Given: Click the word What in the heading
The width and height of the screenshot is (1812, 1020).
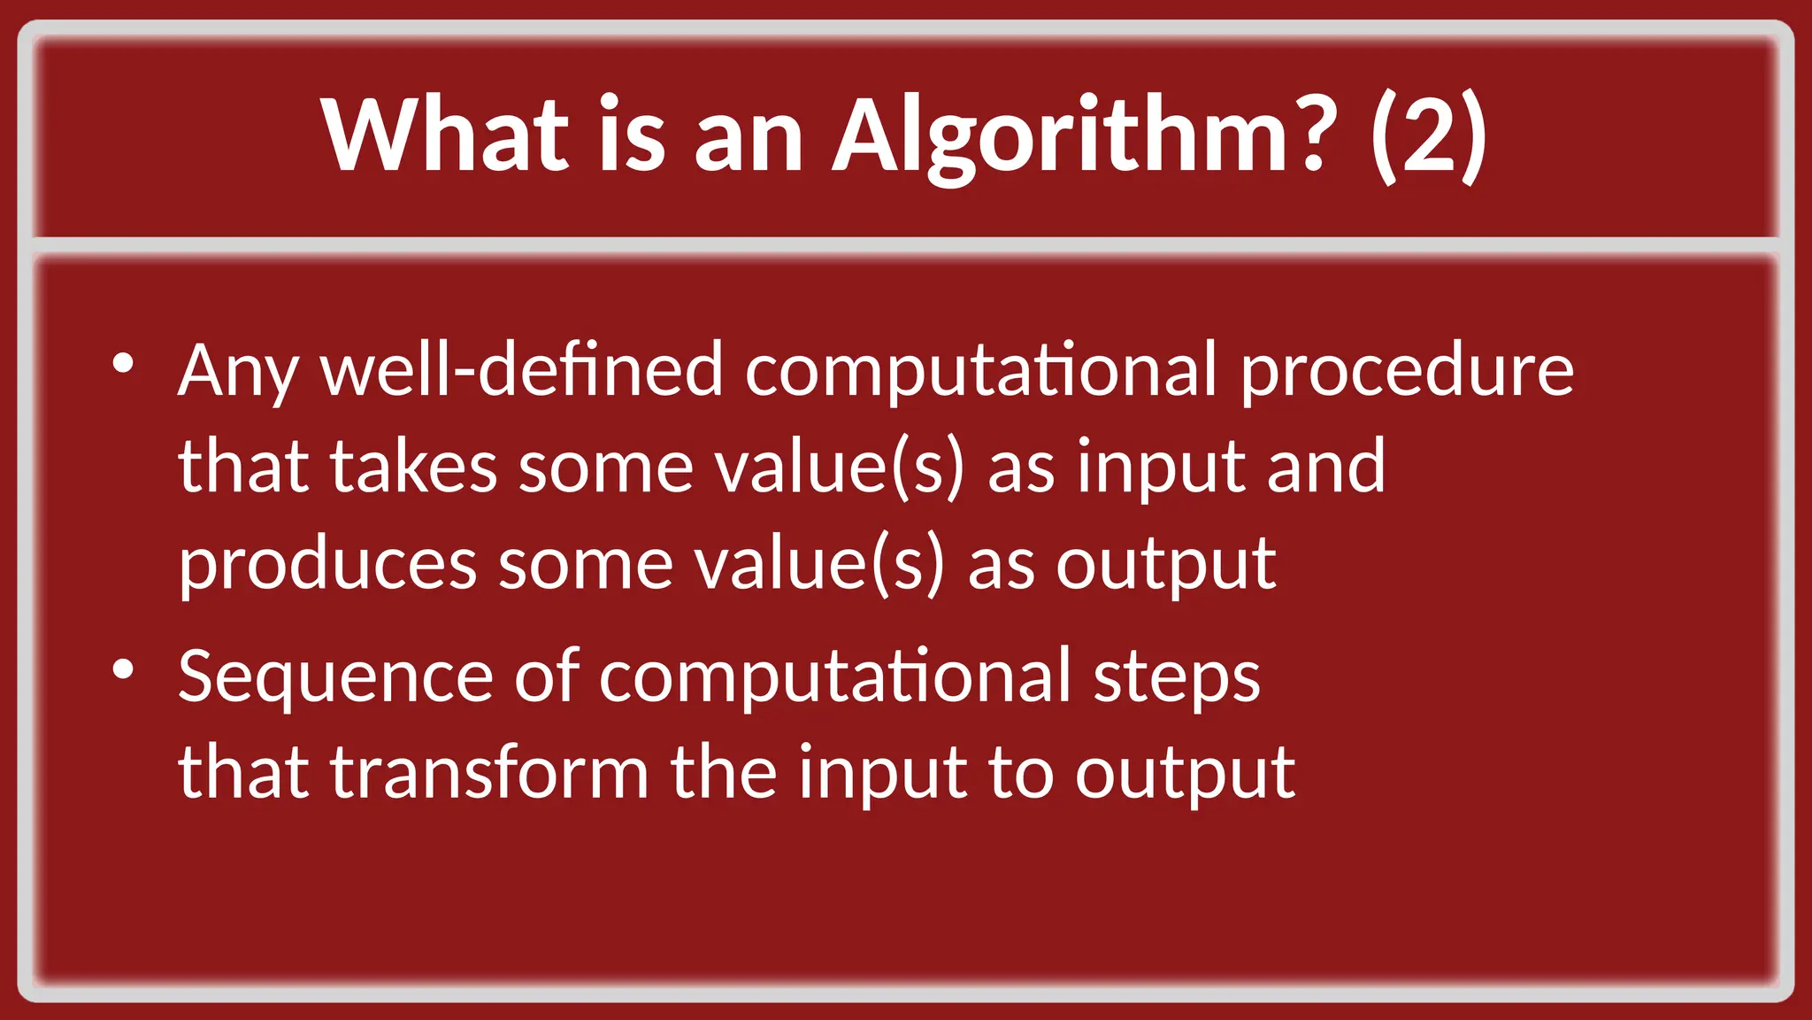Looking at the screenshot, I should point(446,135).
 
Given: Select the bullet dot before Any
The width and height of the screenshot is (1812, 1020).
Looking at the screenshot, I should point(123,363).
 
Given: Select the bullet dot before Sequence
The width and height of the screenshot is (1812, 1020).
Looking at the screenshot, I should point(123,669).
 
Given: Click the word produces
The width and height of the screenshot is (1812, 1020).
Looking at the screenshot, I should point(327,565).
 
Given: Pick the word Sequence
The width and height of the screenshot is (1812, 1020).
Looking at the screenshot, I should point(335,678).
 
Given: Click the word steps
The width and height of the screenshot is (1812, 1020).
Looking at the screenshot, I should point(1176,678).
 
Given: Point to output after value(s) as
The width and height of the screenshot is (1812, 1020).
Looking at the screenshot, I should point(1165,565).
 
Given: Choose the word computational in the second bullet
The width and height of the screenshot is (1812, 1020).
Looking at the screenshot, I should point(835,678).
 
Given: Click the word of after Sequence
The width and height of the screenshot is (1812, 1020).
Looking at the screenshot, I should point(546,676).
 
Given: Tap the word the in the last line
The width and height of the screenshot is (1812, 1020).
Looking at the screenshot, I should point(723,773).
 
